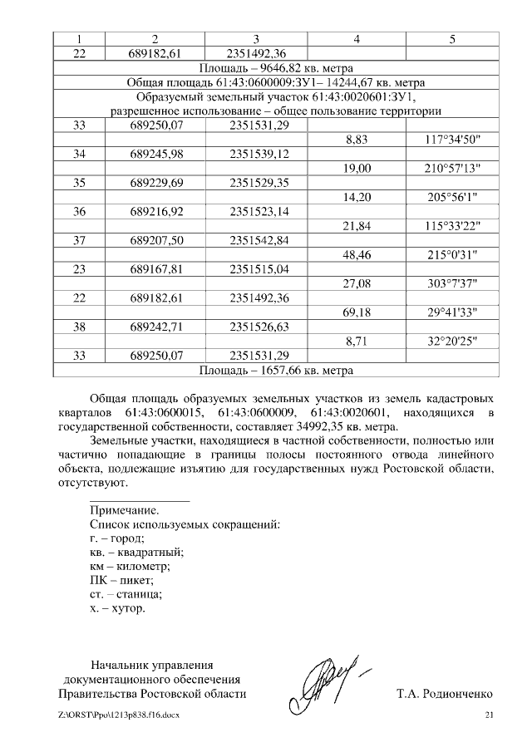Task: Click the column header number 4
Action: click(x=356, y=38)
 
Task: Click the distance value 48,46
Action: click(x=356, y=257)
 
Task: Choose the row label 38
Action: click(x=80, y=329)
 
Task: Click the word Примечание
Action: click(x=124, y=510)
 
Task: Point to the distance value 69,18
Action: click(x=356, y=315)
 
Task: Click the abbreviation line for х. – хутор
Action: click(x=117, y=608)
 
